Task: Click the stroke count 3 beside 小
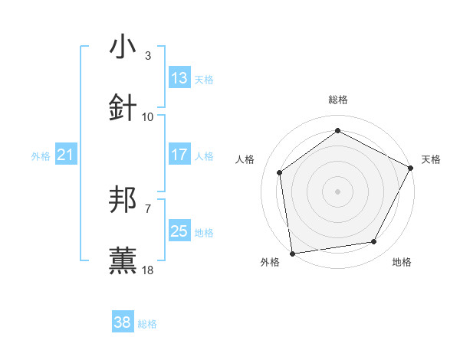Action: tap(148, 55)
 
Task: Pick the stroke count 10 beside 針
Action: tap(148, 116)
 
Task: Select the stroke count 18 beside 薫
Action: tap(148, 270)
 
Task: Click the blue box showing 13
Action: tap(179, 78)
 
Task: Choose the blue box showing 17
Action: tap(179, 155)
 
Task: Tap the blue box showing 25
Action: tap(179, 231)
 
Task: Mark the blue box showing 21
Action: tap(66, 155)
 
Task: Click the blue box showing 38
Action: tap(123, 323)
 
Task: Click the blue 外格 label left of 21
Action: tap(41, 156)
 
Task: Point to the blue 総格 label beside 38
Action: tap(147, 324)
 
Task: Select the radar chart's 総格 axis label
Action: tap(337, 100)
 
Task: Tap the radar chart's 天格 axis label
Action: tap(432, 159)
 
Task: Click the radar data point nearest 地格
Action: tap(374, 242)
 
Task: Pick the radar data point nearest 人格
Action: tap(280, 172)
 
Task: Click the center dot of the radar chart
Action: tap(337, 191)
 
